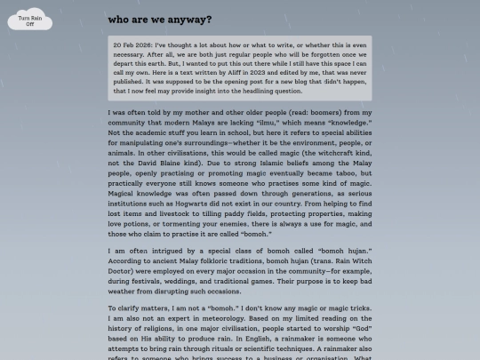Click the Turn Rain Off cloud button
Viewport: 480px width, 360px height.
[30, 20]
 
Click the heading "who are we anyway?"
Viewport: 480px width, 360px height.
[159, 19]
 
